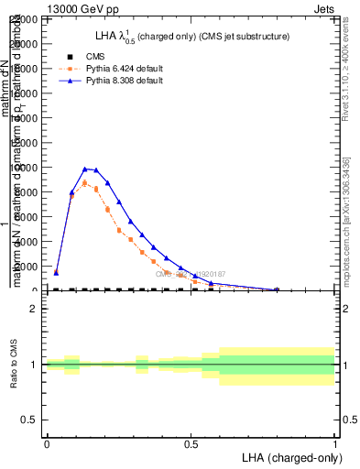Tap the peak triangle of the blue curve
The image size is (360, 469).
[x=85, y=169]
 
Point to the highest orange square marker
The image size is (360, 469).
[x=85, y=183]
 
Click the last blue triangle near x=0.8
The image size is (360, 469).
[x=277, y=289]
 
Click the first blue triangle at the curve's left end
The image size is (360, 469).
[x=56, y=272]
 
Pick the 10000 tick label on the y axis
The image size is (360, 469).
[x=28, y=168]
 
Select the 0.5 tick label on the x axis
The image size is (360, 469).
[x=191, y=444]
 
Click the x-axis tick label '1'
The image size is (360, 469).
[x=335, y=444]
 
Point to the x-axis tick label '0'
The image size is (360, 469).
[x=47, y=444]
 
